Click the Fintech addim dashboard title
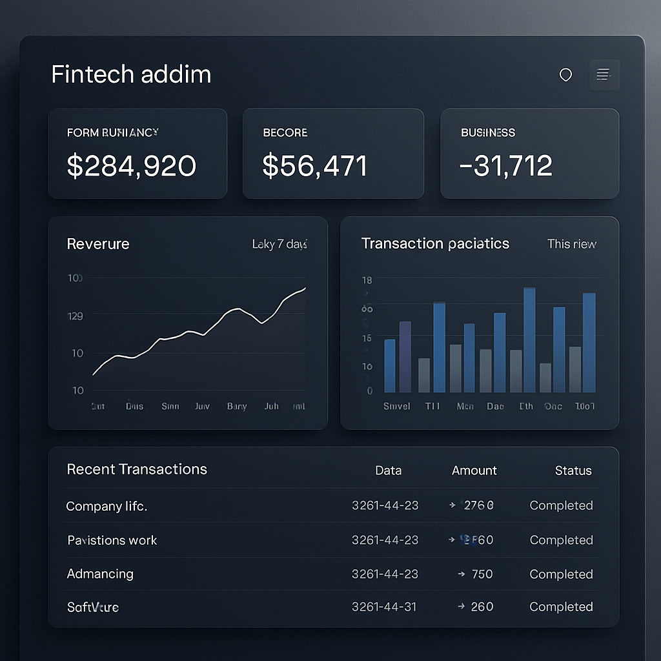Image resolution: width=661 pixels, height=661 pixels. pyautogui.click(x=131, y=74)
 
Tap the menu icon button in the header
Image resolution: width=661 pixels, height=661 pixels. pyautogui.click(x=604, y=75)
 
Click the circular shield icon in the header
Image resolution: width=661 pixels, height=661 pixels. pyautogui.click(x=565, y=75)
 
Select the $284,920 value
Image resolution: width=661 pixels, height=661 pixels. pyautogui.click(x=132, y=166)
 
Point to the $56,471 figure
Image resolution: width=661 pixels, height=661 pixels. pyautogui.click(x=314, y=166)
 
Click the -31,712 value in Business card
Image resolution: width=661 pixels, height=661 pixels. pyautogui.click(x=505, y=166)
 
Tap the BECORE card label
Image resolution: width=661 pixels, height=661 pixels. pyautogui.click(x=285, y=132)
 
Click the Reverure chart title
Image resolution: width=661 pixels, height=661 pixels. pyautogui.click(x=98, y=244)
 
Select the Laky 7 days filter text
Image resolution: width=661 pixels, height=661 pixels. pyautogui.click(x=279, y=244)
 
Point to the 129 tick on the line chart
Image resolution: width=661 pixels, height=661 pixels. pyautogui.click(x=76, y=316)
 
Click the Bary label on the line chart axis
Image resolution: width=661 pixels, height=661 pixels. pyautogui.click(x=237, y=407)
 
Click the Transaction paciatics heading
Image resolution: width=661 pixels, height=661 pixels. pyautogui.click(x=435, y=243)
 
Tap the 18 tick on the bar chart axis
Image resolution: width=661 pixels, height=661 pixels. pyautogui.click(x=367, y=280)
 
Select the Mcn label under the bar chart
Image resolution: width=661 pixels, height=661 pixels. pyautogui.click(x=465, y=406)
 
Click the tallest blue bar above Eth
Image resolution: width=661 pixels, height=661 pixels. pyautogui.click(x=529, y=340)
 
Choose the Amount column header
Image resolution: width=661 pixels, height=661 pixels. pyautogui.click(x=474, y=471)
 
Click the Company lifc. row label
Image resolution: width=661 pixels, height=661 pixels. pyautogui.click(x=107, y=506)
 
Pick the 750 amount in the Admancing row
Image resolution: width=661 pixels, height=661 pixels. pyautogui.click(x=482, y=574)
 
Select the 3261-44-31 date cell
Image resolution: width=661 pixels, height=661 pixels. pyautogui.click(x=384, y=607)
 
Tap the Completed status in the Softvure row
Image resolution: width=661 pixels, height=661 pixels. pyautogui.click(x=560, y=607)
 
